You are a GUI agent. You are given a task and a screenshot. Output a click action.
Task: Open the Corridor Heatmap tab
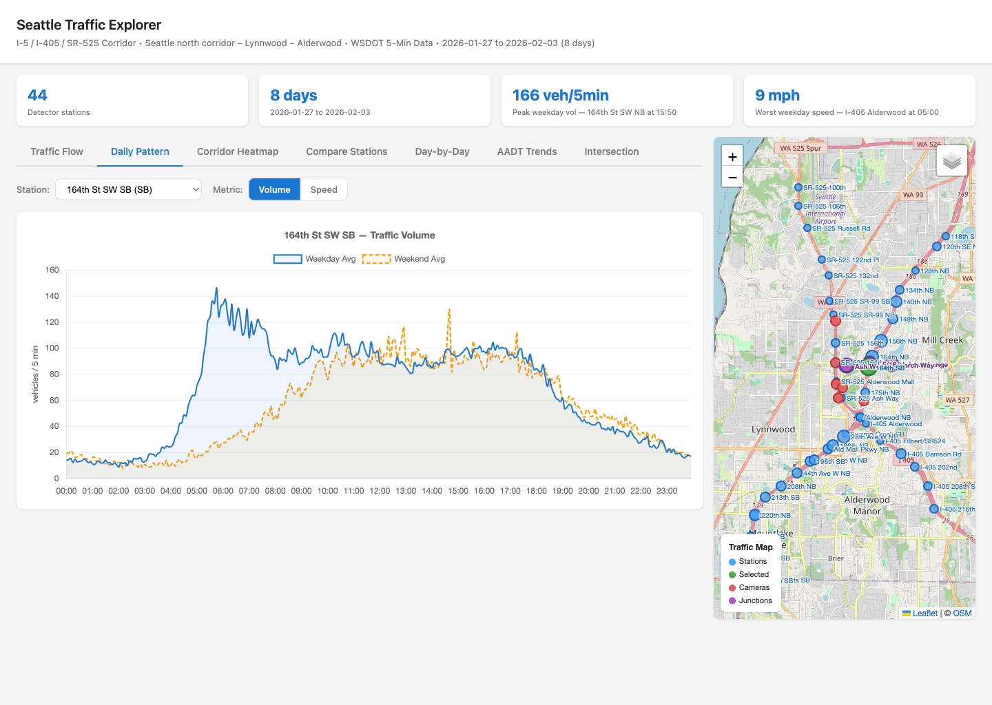coord(238,151)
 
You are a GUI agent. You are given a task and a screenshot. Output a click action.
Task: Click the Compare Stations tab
coord(347,151)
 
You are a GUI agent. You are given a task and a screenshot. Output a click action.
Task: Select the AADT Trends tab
coord(527,151)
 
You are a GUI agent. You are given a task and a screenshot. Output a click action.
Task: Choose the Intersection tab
coord(611,151)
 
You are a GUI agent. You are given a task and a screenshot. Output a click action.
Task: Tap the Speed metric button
coord(324,189)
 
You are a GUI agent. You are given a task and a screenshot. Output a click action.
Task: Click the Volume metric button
coord(274,189)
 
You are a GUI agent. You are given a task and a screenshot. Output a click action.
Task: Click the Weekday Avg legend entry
coord(315,259)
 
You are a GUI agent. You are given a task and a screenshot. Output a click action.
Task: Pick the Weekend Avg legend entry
coord(404,259)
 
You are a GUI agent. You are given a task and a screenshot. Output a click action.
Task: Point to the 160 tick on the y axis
coord(52,270)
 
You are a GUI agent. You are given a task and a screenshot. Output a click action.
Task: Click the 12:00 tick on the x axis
coord(380,491)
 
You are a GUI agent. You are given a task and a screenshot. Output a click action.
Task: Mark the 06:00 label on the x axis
coord(223,491)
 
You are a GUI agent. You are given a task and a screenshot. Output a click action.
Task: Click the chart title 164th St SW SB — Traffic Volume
coord(360,235)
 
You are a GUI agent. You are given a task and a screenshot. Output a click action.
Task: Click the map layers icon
coord(952,161)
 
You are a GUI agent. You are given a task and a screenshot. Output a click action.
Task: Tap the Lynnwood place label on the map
coord(773,430)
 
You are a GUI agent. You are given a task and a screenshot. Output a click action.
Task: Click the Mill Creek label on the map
coord(942,340)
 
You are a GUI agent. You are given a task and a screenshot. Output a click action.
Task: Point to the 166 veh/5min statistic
coord(560,96)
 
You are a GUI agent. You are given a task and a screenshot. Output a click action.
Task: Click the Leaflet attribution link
coord(924,613)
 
